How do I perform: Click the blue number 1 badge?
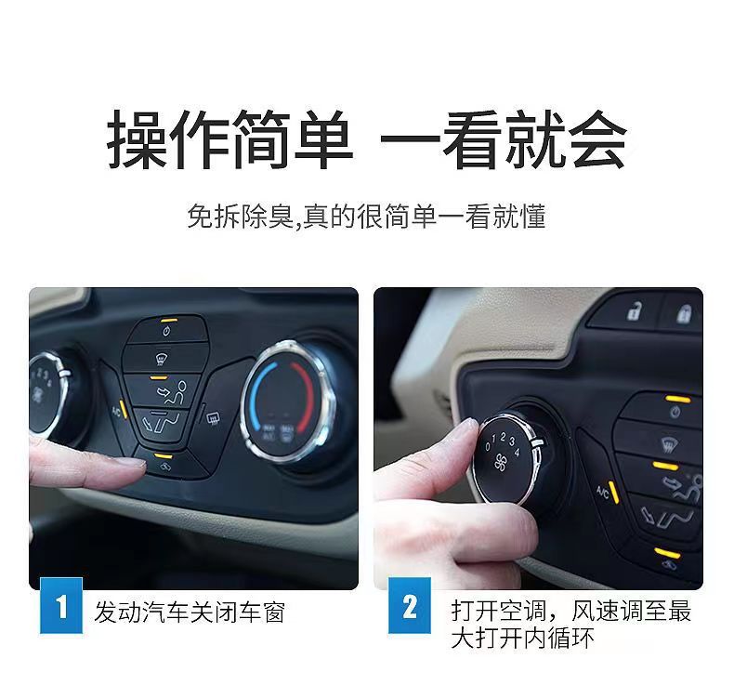click(60, 609)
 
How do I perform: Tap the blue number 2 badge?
click(410, 609)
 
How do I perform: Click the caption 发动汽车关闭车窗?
click(189, 612)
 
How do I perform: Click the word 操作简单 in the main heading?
click(229, 140)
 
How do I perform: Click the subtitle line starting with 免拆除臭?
click(366, 217)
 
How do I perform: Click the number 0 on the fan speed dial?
click(488, 447)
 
